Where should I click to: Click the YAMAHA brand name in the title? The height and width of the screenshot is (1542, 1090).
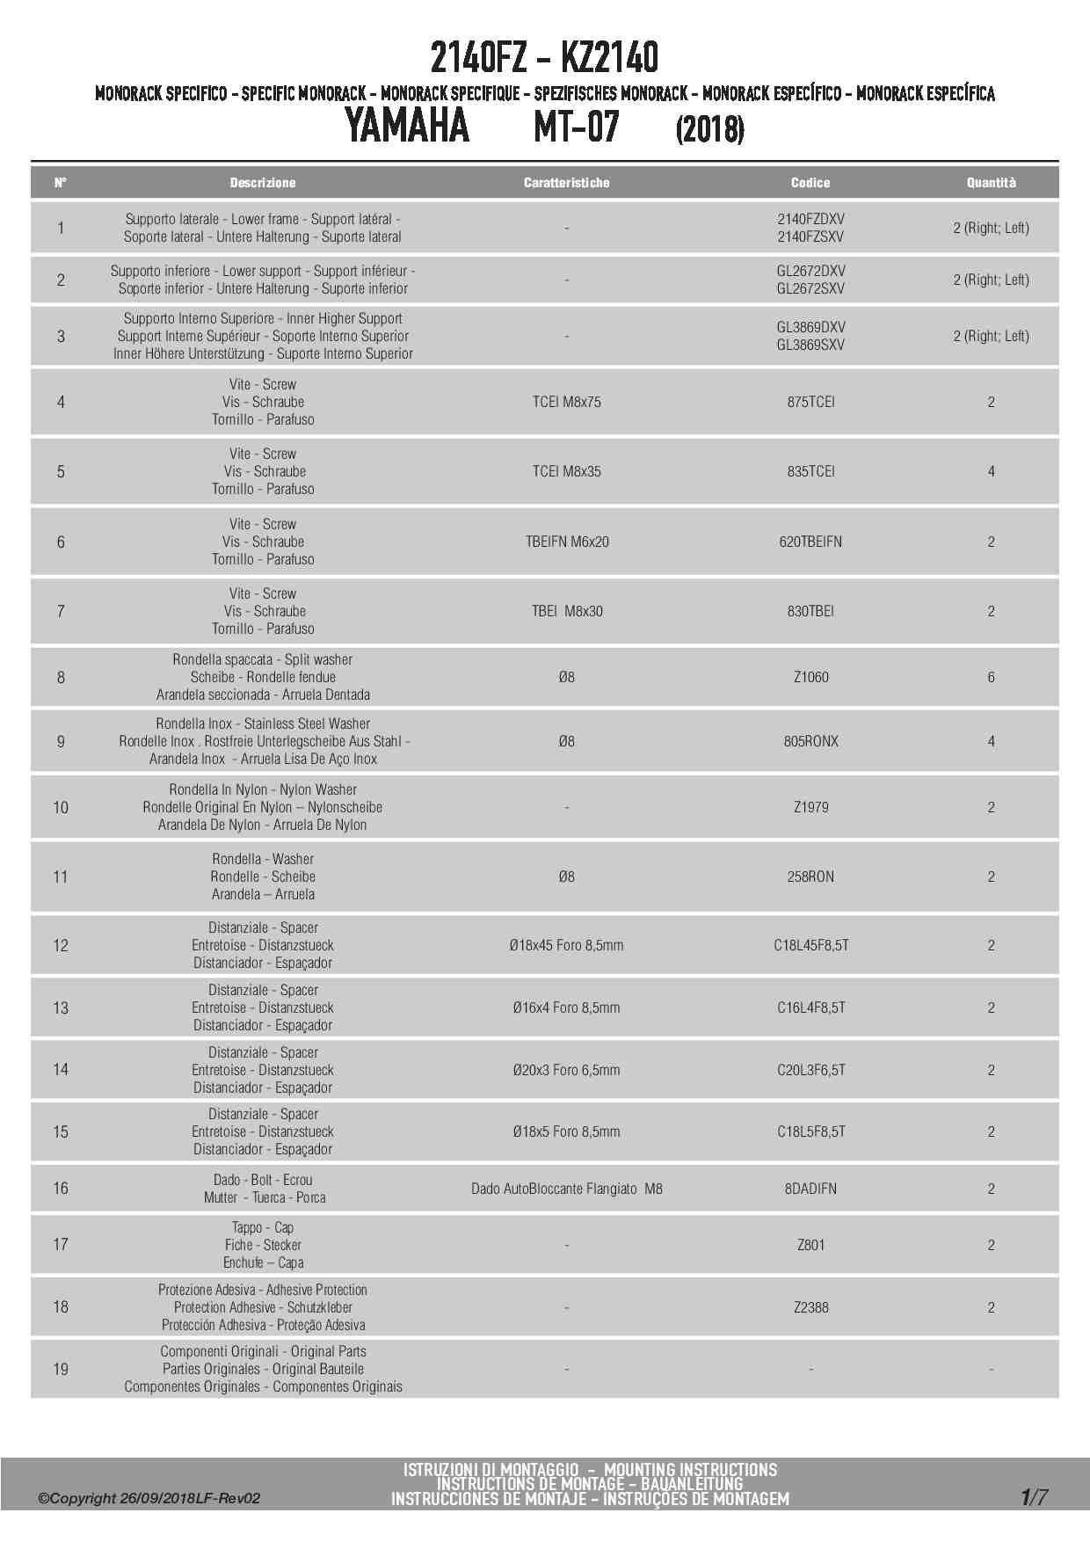[x=407, y=126]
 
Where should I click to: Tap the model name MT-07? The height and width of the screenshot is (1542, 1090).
[x=577, y=127]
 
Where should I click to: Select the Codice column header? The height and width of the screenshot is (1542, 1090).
[x=810, y=183]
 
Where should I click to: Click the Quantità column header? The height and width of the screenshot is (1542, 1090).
[x=991, y=183]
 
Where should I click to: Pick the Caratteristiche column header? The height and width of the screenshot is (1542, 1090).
[x=566, y=183]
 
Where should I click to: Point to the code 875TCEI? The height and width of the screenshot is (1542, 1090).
[x=810, y=402]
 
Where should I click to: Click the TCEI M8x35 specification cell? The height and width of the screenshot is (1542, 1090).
[x=566, y=471]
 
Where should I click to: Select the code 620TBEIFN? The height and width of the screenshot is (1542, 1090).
[x=810, y=542]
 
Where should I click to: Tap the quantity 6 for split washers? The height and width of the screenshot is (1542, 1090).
[x=991, y=677]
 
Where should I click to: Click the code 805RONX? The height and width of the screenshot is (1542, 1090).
[x=810, y=741]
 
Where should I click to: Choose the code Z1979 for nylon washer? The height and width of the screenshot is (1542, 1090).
[x=810, y=807]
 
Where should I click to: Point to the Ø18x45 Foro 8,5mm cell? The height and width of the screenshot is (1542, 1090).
[x=566, y=945]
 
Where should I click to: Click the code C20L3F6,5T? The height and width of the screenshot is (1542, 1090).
[x=810, y=1070]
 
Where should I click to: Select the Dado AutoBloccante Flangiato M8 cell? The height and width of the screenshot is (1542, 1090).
[x=566, y=1189]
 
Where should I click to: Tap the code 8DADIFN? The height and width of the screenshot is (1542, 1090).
[x=810, y=1189]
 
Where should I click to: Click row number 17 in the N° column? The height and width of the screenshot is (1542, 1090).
[x=61, y=1244]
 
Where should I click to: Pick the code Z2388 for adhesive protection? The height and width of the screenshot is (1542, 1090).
[x=810, y=1307]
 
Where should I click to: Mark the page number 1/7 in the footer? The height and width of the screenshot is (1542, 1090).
[x=1034, y=1497]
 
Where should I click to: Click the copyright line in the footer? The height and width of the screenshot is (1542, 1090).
[x=149, y=1499]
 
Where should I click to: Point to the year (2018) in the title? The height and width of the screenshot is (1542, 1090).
[x=709, y=130]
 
